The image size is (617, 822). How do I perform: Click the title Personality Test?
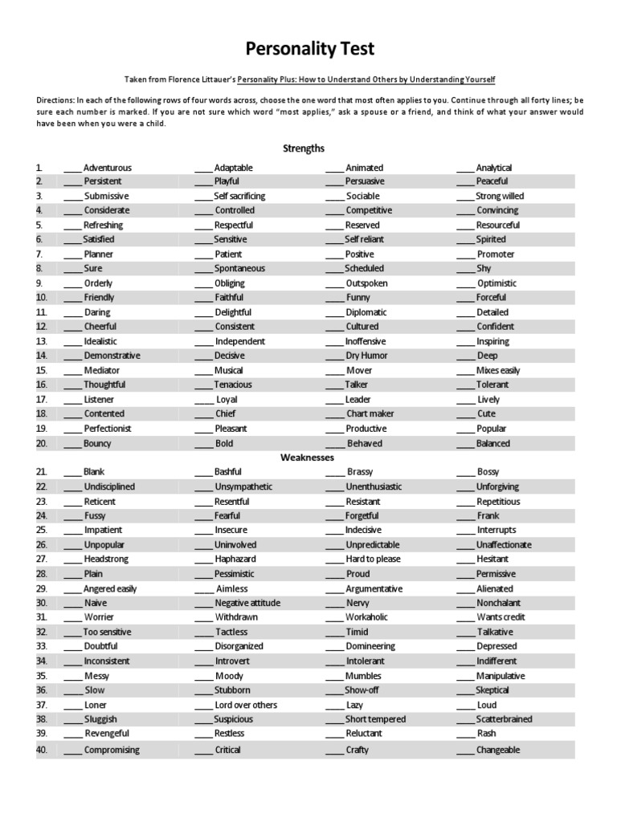point(309,50)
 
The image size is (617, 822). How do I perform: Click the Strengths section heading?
point(304,149)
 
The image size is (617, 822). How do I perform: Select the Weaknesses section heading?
point(307,458)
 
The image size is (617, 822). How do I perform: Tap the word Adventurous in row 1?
point(107,168)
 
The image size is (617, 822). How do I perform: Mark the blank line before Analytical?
point(465,169)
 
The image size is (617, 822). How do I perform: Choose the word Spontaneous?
point(239,269)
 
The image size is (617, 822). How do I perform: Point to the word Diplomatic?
point(366,312)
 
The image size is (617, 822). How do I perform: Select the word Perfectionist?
point(108,429)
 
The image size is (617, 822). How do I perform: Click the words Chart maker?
point(370,414)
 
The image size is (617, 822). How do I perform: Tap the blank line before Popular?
point(465,429)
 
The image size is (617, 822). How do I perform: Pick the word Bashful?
point(228,472)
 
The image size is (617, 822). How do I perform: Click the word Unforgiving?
point(498,486)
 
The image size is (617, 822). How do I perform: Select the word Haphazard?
point(235,559)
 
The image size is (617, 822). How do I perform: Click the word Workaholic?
point(367,617)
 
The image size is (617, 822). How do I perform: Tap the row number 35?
point(42,676)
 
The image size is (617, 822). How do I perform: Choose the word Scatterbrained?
point(504,719)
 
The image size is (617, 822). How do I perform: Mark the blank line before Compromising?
point(72,751)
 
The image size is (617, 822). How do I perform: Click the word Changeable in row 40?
point(498,750)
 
